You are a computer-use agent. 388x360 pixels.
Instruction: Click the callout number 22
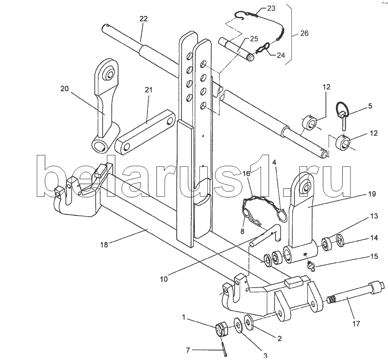coord(144,19)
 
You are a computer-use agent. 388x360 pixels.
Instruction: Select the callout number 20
coord(65,89)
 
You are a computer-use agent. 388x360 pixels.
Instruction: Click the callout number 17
coord(356,323)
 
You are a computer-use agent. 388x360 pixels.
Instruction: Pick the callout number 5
coord(370,106)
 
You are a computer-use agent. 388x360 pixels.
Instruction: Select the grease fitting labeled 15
coord(311,267)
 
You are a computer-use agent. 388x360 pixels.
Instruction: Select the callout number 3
coord(265,356)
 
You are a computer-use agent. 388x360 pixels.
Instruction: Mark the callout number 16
coord(246,174)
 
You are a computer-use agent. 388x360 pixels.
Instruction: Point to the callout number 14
coord(373,237)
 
